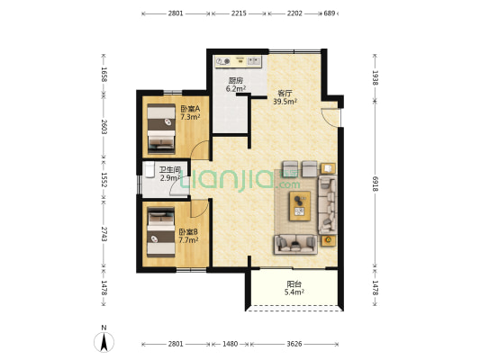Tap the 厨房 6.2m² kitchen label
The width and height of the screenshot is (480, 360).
[x=236, y=85]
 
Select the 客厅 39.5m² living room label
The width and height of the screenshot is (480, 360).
[x=285, y=97]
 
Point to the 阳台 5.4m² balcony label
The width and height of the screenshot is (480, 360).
[x=294, y=288]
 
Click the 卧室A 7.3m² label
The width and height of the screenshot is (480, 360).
[x=190, y=112]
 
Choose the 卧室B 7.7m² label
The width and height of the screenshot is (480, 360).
[x=188, y=236]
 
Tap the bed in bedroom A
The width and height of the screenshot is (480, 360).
[x=161, y=129]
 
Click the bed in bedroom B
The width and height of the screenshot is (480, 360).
[x=161, y=232]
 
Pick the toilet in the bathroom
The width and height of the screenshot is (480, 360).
[x=149, y=170]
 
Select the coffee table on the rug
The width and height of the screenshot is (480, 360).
[x=300, y=205]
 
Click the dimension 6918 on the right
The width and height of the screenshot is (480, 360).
[x=376, y=184]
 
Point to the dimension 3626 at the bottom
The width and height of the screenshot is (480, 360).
[x=294, y=344]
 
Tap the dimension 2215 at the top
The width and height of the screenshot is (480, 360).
[x=239, y=13]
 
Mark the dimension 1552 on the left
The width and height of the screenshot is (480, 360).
[x=104, y=180]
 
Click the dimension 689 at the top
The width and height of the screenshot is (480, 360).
[x=330, y=13]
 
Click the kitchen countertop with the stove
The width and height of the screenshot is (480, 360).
[x=239, y=61]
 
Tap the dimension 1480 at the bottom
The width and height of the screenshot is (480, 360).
[x=231, y=344]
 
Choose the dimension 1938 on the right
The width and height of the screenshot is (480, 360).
[x=376, y=77]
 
